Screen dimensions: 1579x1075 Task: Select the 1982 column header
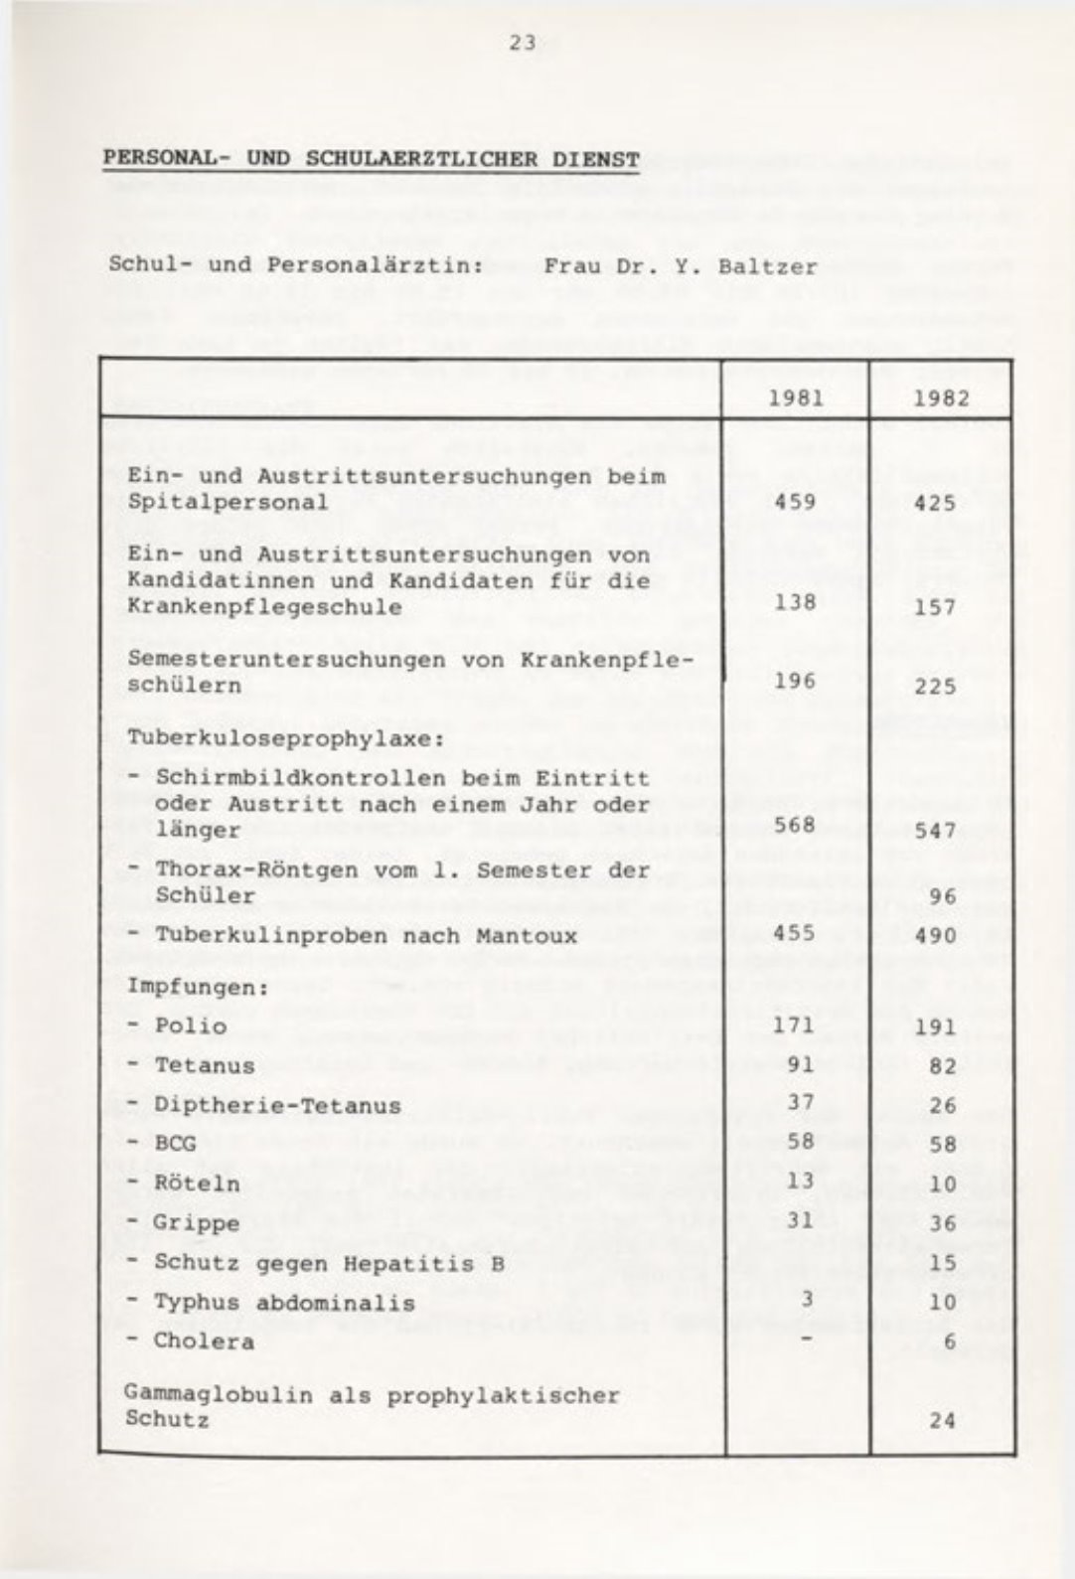(x=941, y=398)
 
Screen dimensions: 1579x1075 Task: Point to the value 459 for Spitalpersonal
(x=795, y=502)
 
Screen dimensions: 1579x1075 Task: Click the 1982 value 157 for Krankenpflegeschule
(x=935, y=606)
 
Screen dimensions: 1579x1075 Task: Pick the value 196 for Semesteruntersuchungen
(x=795, y=681)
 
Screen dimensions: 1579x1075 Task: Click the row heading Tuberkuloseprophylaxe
(x=283, y=739)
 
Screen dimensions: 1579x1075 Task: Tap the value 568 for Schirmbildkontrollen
(x=795, y=825)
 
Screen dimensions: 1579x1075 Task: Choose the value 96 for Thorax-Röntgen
(x=941, y=895)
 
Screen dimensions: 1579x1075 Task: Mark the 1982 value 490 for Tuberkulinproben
(x=935, y=935)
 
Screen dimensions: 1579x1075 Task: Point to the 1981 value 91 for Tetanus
(x=801, y=1065)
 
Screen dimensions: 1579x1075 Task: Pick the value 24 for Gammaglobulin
(x=941, y=1420)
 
